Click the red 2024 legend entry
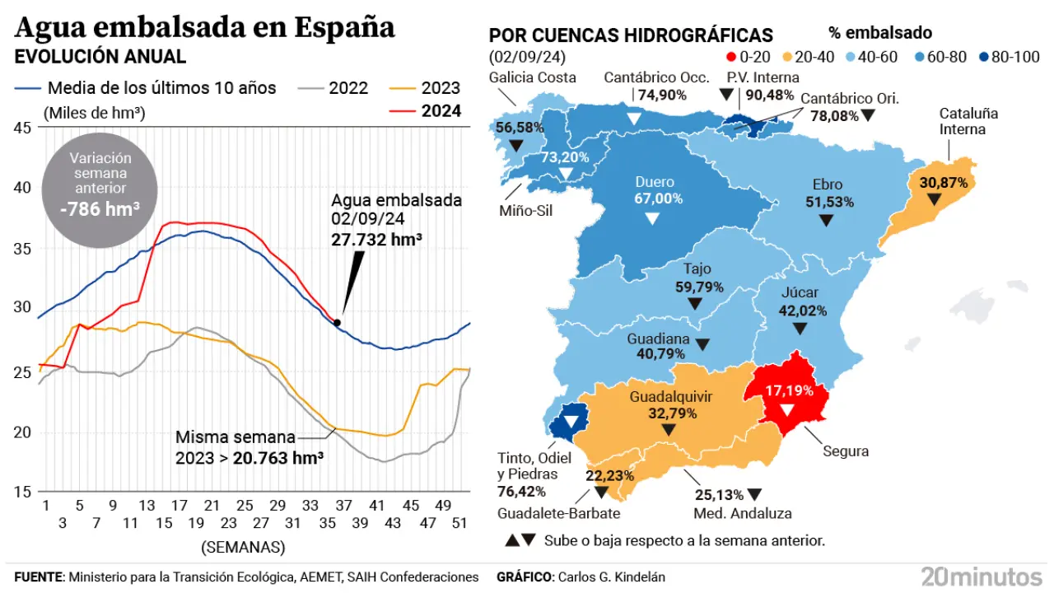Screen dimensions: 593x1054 click(x=441, y=111)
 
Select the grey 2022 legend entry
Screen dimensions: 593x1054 click(x=348, y=88)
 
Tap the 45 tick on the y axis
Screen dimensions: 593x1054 click(x=23, y=128)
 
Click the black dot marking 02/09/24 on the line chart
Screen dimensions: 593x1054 click(x=337, y=323)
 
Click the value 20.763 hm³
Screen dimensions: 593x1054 click(x=278, y=458)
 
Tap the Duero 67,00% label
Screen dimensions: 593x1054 click(x=654, y=198)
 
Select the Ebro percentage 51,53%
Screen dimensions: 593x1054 click(x=827, y=202)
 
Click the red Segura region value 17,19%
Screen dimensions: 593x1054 click(x=786, y=390)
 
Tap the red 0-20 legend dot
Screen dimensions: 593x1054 click(x=730, y=58)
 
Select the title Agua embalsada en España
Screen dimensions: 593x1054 click(x=205, y=27)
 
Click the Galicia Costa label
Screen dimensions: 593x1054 click(x=532, y=77)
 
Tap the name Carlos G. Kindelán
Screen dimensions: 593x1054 click(x=611, y=577)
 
